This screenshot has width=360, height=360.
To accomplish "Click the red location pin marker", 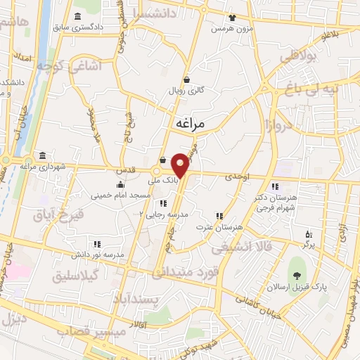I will [181, 165].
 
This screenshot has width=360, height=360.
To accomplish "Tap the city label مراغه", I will [190, 123].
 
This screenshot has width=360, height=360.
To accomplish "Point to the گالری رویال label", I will [185, 91].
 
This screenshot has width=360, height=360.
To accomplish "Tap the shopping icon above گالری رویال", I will [186, 79].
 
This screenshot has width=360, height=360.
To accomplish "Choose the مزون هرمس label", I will [234, 30].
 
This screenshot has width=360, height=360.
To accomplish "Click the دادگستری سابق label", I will [101, 27].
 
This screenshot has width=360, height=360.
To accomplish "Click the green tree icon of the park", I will [298, 274].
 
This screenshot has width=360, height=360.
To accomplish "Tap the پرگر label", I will [307, 245].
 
